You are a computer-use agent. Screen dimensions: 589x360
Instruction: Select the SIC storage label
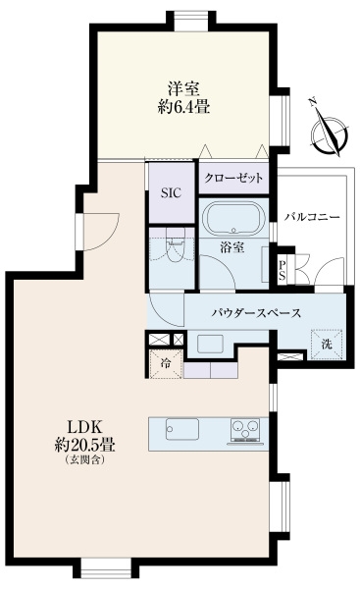tap(171, 192)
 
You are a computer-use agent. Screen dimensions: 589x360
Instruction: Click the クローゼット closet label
tap(233, 178)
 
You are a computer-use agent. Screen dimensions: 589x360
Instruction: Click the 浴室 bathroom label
tap(232, 249)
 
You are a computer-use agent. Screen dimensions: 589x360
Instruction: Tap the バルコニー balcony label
tap(314, 215)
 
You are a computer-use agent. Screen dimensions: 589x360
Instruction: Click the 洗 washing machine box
tap(328, 344)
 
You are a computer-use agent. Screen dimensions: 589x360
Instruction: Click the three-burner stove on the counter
tap(246, 431)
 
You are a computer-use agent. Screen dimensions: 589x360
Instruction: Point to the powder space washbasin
tap(211, 343)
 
